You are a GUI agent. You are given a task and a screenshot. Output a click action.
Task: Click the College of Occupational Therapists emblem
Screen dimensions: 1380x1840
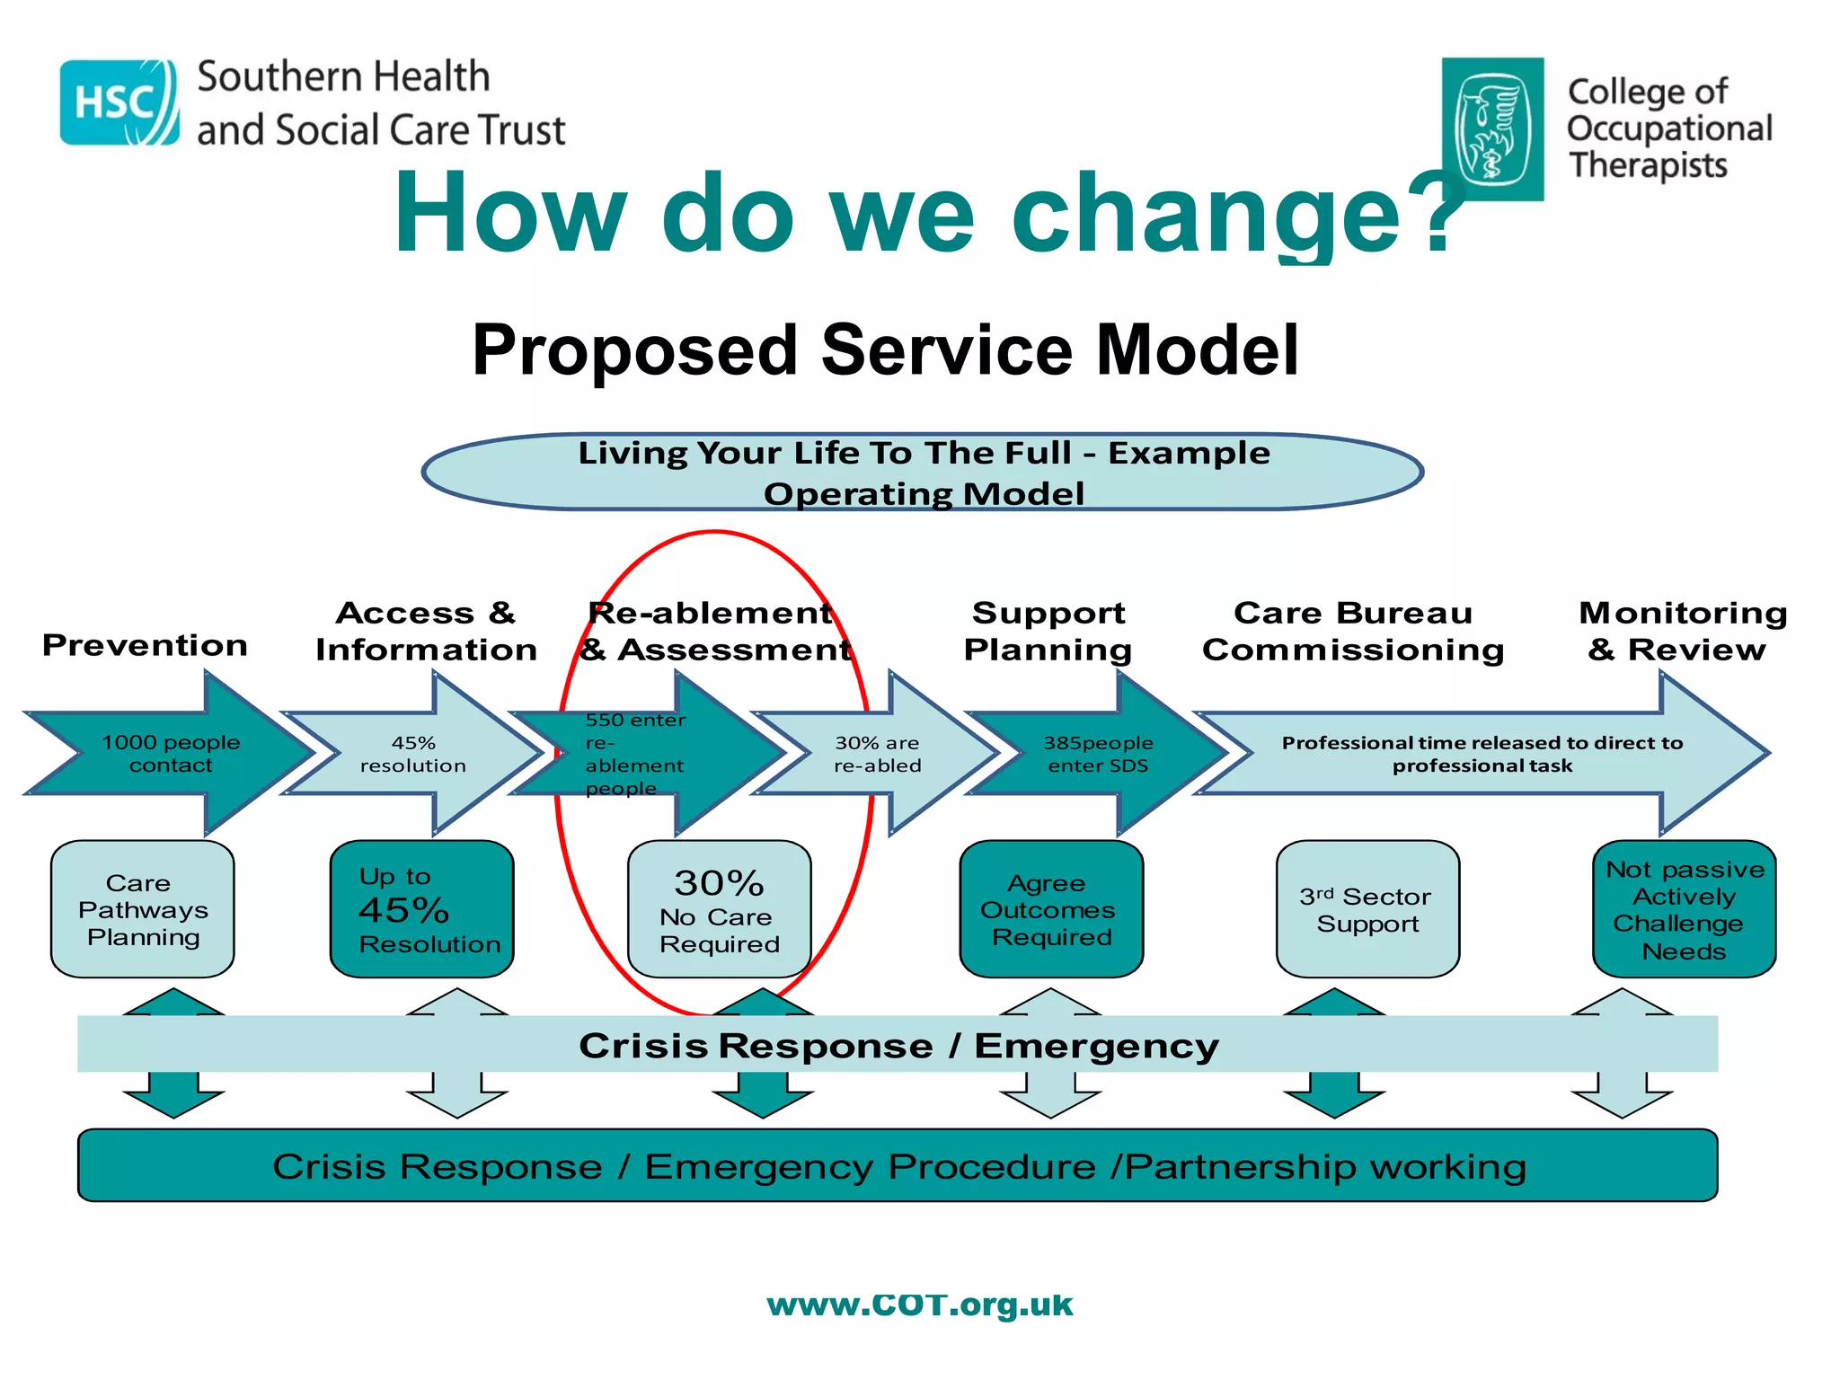coord(1492,128)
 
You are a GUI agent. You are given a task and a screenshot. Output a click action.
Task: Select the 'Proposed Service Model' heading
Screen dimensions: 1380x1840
coord(885,349)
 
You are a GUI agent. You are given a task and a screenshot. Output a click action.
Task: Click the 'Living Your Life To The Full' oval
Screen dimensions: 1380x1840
coord(923,473)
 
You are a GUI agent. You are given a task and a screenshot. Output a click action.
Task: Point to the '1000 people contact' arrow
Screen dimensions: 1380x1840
coord(171,754)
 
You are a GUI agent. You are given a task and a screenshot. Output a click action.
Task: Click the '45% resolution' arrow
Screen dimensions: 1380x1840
coord(413,754)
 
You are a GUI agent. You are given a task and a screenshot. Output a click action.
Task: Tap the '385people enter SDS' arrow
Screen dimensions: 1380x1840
coord(1098,754)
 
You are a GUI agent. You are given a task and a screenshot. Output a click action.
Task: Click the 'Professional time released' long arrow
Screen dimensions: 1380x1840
coord(1482,754)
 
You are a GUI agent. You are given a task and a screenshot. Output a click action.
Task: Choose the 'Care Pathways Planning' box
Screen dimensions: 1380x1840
coord(143,909)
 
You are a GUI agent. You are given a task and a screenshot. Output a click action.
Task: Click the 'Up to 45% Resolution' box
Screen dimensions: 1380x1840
coord(421,909)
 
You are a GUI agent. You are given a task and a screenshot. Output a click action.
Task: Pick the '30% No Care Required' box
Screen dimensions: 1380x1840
coord(719,909)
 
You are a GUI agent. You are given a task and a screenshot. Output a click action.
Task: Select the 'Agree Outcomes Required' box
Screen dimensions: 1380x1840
coord(1051,909)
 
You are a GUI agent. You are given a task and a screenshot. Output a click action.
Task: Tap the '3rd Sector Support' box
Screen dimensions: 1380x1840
coord(1367,909)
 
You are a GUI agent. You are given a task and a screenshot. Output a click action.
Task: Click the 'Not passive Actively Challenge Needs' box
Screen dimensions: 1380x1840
coord(1684,909)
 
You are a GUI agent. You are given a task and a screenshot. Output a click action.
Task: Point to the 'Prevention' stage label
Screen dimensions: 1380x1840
coord(145,645)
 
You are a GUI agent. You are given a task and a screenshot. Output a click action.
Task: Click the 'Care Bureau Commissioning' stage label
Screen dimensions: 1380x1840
coord(1353,631)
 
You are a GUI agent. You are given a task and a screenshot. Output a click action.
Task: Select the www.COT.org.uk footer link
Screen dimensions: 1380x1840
coord(920,1305)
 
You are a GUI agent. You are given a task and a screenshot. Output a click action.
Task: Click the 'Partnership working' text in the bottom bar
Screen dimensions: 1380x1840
coord(1325,1166)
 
